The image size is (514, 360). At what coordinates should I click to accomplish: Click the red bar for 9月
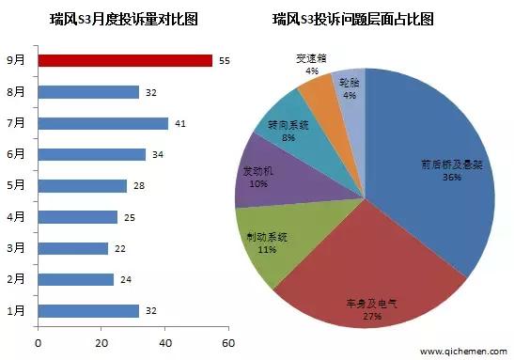(x=125, y=60)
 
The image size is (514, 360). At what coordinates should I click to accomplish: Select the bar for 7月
(x=102, y=123)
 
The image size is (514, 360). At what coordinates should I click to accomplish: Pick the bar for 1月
(x=88, y=310)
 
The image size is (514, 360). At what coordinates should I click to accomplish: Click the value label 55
(x=224, y=60)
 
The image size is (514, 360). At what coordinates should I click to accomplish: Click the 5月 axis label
(x=17, y=186)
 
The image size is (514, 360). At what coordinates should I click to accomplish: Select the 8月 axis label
(x=17, y=92)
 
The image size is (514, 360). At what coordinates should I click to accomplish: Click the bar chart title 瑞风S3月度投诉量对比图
(x=120, y=19)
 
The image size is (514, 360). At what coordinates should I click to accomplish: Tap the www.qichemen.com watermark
(x=461, y=352)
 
